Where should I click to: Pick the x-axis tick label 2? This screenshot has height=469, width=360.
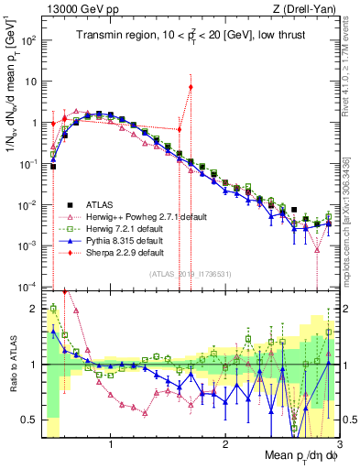(225, 444)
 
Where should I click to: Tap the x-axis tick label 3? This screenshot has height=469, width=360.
(338, 444)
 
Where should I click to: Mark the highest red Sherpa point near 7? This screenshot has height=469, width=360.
(191, 88)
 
